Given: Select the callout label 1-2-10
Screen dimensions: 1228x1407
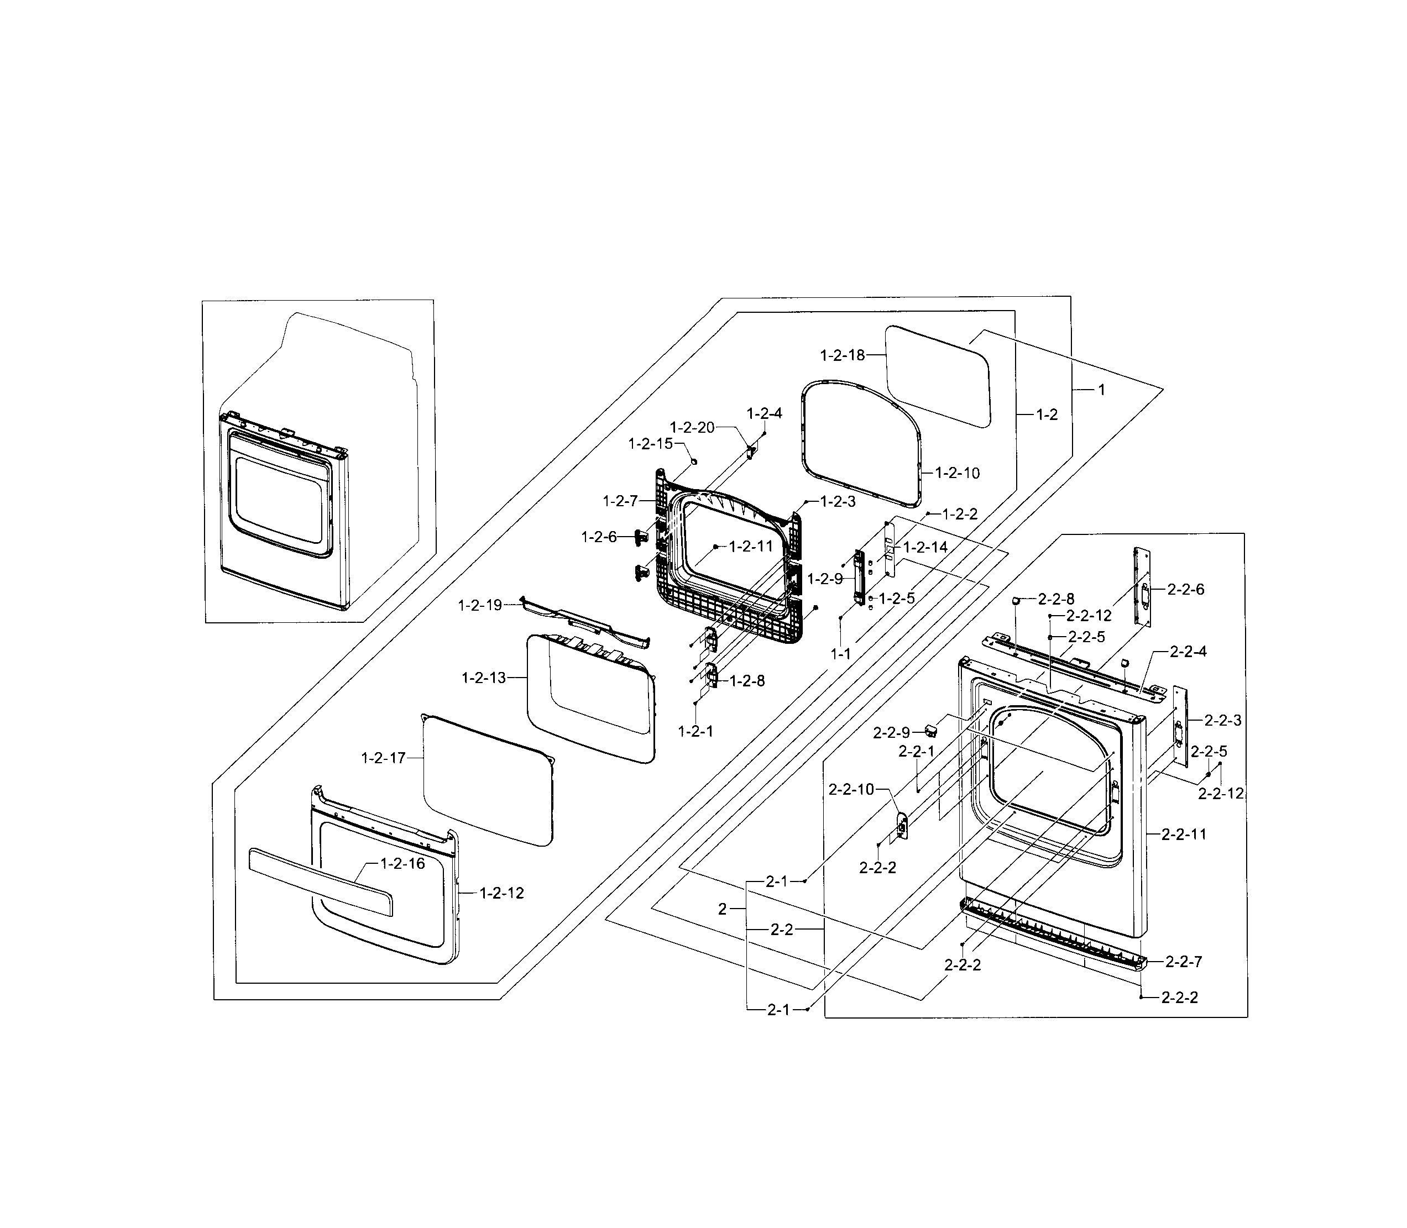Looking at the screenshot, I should coord(958,473).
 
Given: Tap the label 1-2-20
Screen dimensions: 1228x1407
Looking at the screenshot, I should coord(692,428).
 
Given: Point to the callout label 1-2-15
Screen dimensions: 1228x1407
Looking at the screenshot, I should coord(650,444).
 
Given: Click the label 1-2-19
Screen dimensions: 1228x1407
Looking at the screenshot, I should coord(480,605).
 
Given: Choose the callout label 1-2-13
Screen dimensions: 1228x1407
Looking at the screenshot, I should coord(483,678).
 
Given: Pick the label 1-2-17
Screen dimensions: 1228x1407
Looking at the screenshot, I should coord(383,758).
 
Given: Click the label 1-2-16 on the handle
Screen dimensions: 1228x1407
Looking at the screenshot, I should coord(402,863).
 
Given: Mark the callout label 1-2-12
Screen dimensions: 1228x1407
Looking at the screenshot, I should coord(501,893).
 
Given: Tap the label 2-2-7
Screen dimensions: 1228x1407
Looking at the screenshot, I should coord(1184,962).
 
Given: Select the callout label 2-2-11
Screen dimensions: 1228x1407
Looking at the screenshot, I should coord(1184,834).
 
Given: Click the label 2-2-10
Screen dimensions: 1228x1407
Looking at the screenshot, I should coord(851,789).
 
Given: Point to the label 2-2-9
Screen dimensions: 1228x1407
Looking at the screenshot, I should coord(891,733).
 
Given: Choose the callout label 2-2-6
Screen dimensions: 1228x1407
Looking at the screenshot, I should coord(1186,589).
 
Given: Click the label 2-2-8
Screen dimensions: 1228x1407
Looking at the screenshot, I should coord(1056,599).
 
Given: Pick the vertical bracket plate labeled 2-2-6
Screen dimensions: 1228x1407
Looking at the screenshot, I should coord(1142,586).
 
